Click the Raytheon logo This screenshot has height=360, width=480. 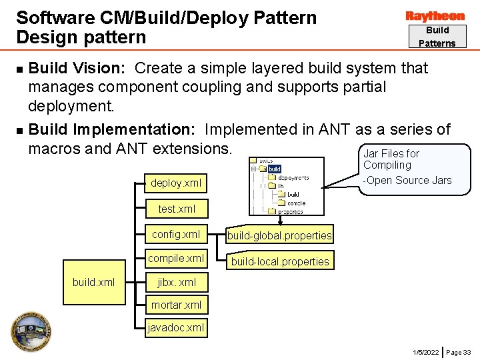point(435,16)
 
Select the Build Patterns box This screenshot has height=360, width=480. point(437,37)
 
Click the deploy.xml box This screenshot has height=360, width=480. point(175,183)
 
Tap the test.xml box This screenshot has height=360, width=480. point(177,209)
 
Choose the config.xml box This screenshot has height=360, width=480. point(175,234)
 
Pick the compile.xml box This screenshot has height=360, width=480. point(175,258)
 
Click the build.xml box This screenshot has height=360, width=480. point(94,282)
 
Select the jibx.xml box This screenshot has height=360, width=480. point(176,282)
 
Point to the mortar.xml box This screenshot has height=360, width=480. point(176,305)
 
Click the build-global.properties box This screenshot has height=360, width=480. point(279,235)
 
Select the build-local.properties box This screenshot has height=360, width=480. point(280,261)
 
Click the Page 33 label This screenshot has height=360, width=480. point(458,351)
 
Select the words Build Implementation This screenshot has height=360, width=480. point(111,129)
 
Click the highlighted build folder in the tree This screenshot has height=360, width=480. point(274,169)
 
